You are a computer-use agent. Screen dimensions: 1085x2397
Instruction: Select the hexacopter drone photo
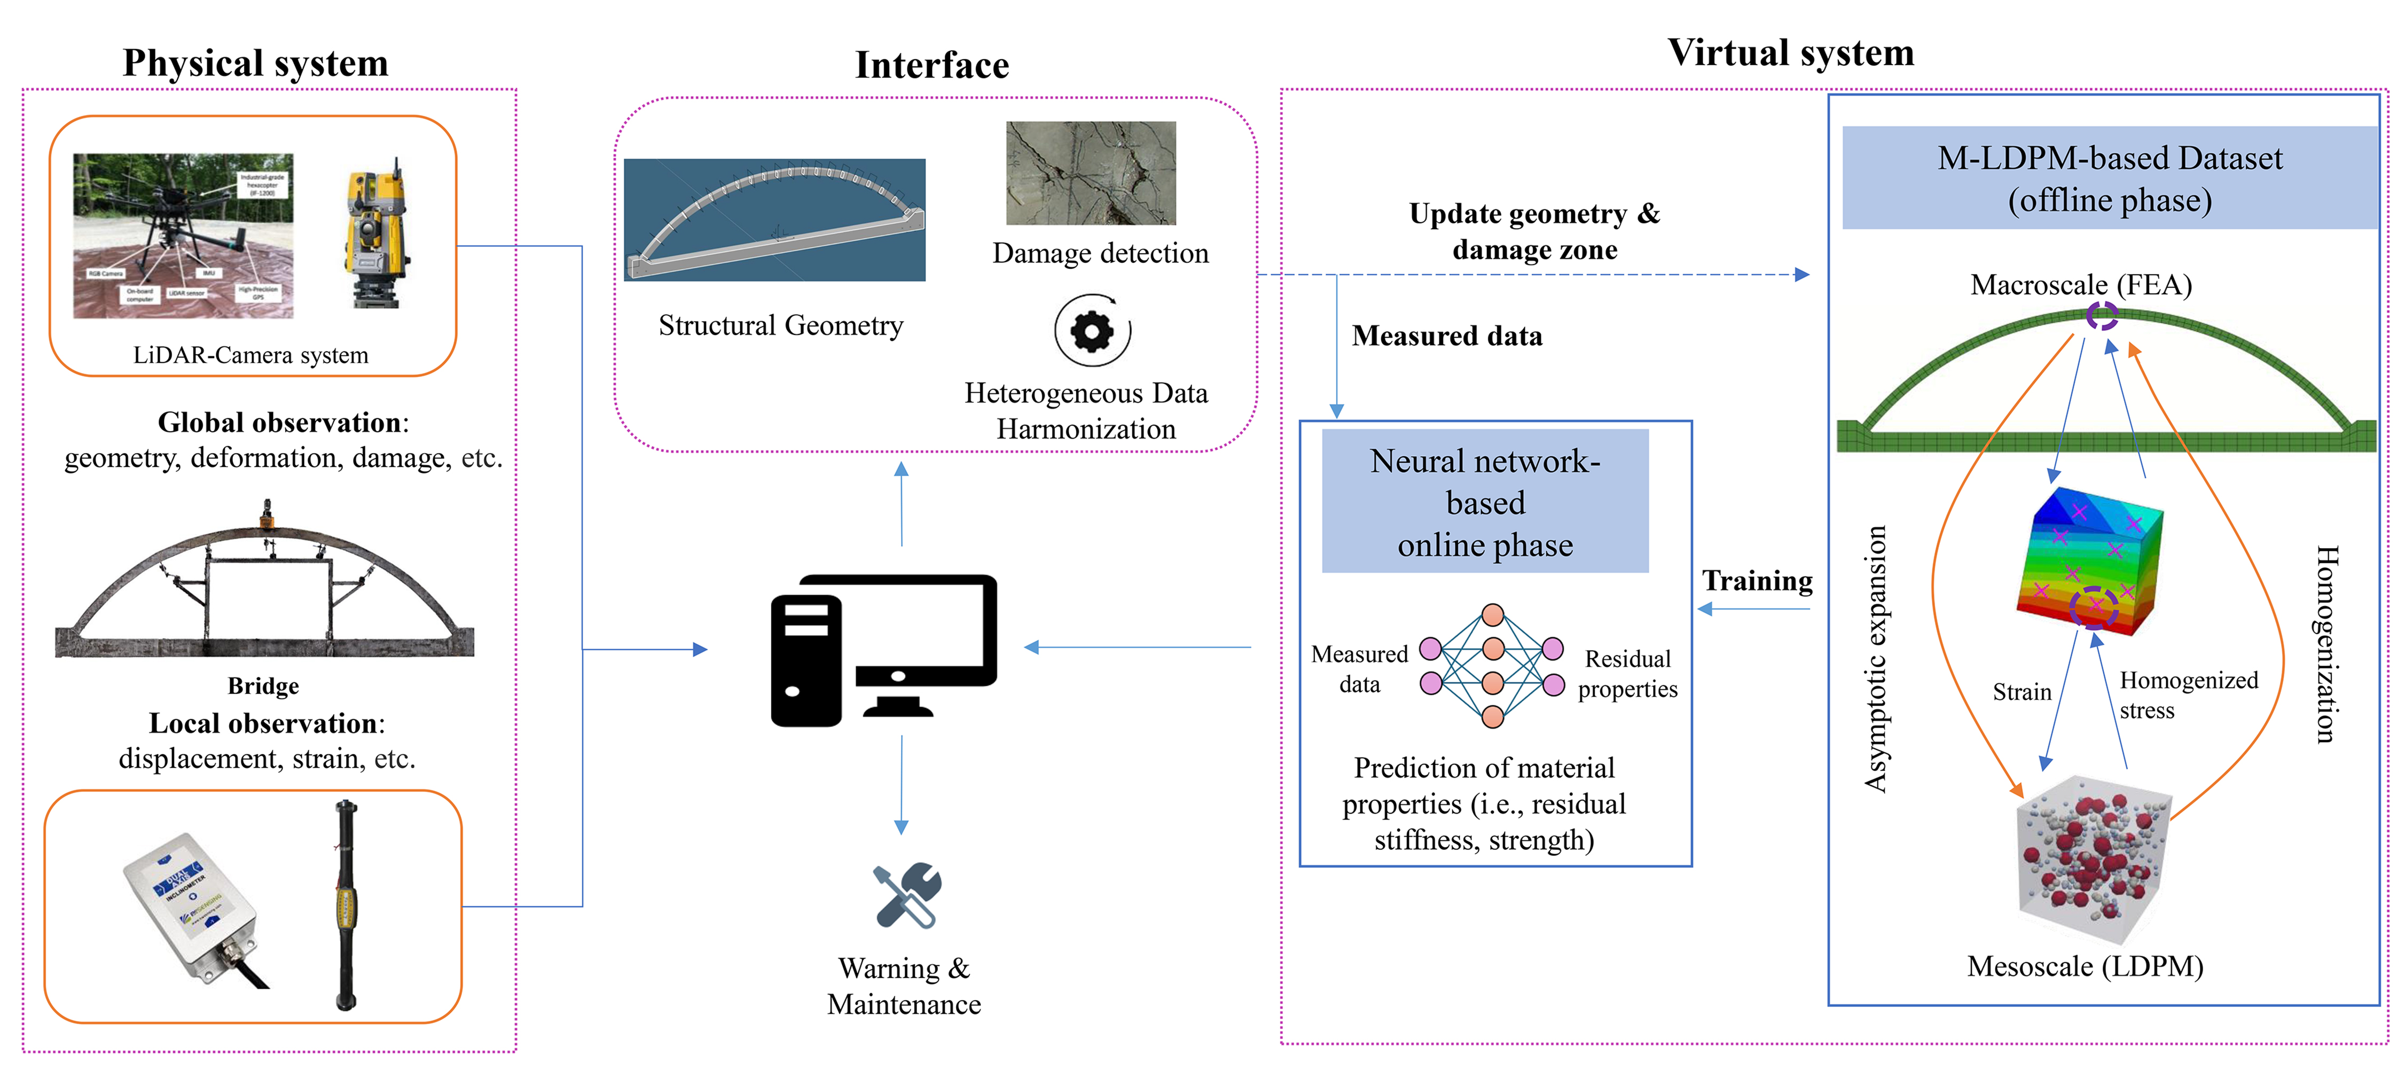183,236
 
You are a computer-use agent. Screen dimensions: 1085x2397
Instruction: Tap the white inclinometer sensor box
191,904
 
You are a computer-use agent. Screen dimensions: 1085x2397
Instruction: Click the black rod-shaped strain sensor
346,903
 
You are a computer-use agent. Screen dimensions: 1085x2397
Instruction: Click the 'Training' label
1757,581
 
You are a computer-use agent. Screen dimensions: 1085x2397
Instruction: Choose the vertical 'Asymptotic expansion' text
1875,659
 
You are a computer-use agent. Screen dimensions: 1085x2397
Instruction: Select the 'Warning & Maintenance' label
904,986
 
